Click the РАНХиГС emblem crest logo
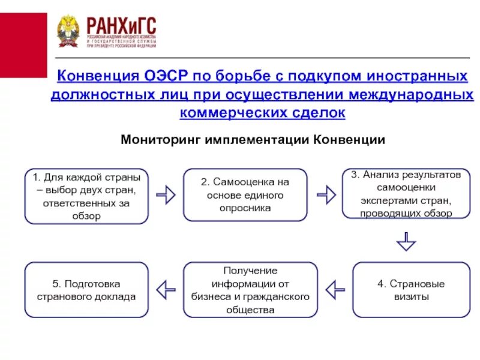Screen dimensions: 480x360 coord(68,31)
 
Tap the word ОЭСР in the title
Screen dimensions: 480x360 coord(166,77)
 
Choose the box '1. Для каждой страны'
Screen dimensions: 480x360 coord(86,196)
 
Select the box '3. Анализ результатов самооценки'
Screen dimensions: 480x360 coord(406,194)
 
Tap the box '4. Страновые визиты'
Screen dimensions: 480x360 coord(411,290)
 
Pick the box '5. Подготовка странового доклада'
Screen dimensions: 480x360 coord(86,290)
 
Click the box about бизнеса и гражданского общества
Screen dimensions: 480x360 coord(250,290)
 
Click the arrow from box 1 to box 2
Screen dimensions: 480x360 coord(166,195)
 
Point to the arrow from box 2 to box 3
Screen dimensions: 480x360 coord(326,194)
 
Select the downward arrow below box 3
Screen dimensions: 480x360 coord(406,241)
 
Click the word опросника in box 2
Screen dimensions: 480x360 coord(245,208)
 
